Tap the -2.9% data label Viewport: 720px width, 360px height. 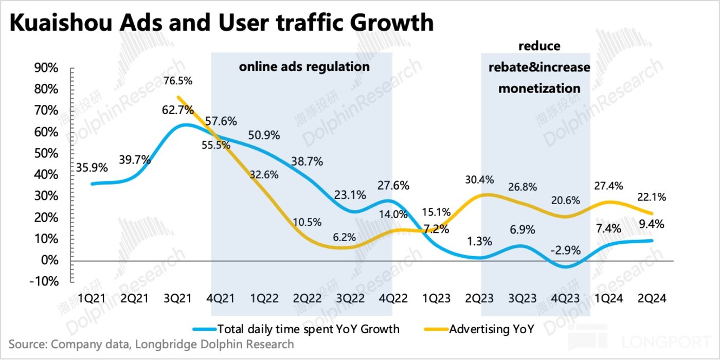(566, 251)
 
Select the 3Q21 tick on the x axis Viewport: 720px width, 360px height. (179, 299)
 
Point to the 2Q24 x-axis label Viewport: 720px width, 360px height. (652, 299)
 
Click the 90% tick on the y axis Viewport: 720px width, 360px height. (45, 68)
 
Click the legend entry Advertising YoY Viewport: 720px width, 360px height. (491, 329)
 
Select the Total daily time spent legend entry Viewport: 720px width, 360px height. (308, 329)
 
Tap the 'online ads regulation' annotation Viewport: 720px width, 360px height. (304, 67)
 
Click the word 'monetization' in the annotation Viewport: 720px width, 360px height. (539, 88)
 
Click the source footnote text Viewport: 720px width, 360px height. (151, 344)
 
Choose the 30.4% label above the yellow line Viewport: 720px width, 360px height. (479, 180)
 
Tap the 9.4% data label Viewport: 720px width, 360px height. (651, 224)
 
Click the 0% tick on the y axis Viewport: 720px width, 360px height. (49, 261)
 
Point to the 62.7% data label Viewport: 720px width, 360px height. (179, 110)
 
